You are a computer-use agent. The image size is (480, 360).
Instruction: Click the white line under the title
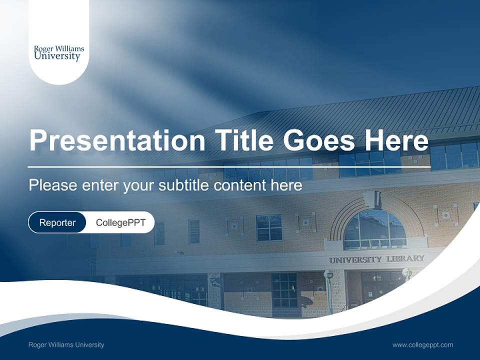point(229,166)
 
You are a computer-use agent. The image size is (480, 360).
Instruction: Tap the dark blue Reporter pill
point(57,222)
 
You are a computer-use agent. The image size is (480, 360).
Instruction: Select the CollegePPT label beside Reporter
point(120,222)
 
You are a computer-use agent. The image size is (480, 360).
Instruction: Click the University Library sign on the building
point(376,259)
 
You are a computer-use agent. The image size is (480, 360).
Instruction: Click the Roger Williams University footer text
point(66,344)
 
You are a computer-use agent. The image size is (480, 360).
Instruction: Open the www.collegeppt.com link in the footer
point(422,344)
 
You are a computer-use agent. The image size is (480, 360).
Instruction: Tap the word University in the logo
point(57,56)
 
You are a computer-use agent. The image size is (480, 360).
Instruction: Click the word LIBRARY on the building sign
point(405,259)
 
